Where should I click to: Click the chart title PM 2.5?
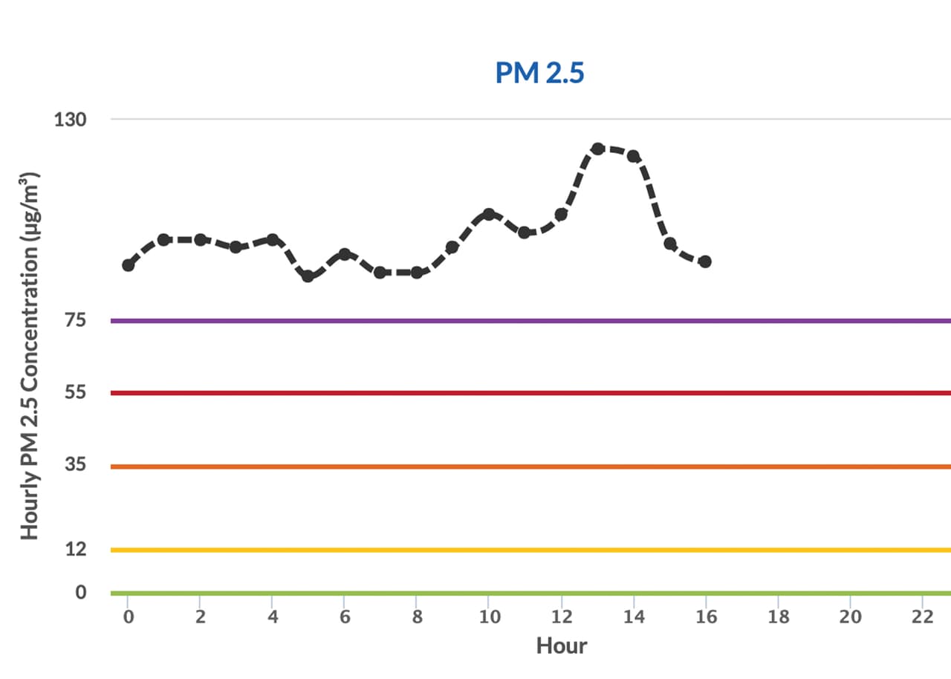pos(539,74)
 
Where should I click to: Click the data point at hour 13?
pos(598,149)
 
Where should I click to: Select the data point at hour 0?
pos(128,265)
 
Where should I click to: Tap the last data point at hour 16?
pos(705,261)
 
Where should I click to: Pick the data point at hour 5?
pos(308,276)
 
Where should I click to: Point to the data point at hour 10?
pos(489,214)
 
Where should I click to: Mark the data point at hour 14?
pos(634,156)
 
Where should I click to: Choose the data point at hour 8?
pos(417,273)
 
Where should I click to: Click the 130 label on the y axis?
pos(70,119)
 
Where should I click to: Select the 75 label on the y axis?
pos(77,320)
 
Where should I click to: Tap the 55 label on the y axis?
pos(77,392)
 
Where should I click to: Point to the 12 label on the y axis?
pos(77,549)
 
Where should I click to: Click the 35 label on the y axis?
pos(77,466)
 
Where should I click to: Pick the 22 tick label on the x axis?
pos(922,617)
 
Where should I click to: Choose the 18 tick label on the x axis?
pos(778,617)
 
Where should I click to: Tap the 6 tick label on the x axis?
pos(344,617)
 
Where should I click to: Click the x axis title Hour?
pos(561,646)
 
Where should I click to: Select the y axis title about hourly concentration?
pos(29,357)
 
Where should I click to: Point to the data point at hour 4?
pos(272,240)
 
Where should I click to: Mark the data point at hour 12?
pos(561,214)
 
